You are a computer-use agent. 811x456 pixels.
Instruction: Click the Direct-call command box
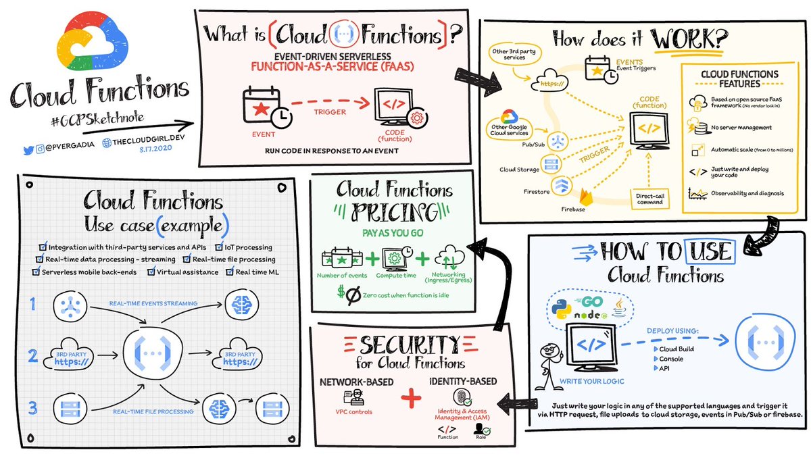(650, 197)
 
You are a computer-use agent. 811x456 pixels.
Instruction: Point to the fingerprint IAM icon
(456, 396)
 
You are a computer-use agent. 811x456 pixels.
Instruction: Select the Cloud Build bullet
(671, 348)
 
